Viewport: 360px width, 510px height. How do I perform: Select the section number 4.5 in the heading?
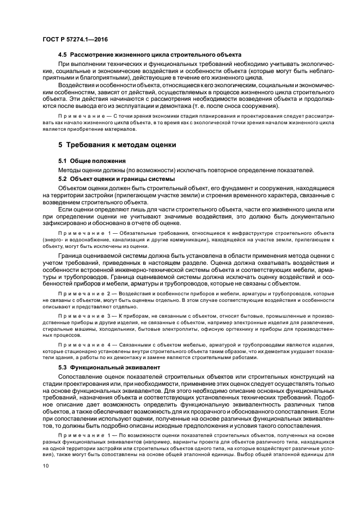(x=63, y=56)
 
